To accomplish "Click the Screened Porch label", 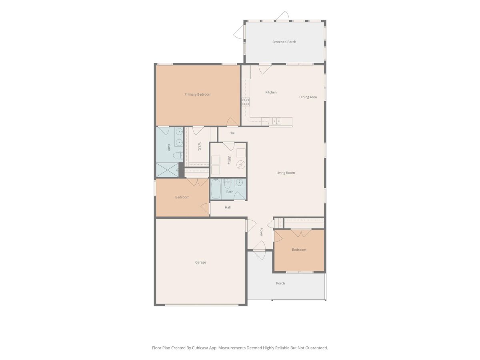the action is tap(284, 42).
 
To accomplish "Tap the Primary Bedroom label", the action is tap(198, 94).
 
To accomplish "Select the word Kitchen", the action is tap(271, 92).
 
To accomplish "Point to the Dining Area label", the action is tap(308, 97).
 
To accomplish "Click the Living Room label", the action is tap(285, 173).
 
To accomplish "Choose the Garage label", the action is tap(200, 262).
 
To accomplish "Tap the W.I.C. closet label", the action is tap(199, 146).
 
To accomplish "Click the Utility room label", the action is tap(229, 160).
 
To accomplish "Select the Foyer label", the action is tap(261, 232).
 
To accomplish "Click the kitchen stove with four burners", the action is tap(245, 102).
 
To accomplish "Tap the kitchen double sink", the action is tap(276, 121).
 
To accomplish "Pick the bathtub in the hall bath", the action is tap(216, 189).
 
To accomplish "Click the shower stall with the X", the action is tap(167, 170).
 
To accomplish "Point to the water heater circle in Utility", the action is tap(240, 164).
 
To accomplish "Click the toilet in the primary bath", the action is tap(178, 155).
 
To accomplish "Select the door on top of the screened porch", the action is tap(282, 16).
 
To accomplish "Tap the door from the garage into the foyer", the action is tap(251, 226).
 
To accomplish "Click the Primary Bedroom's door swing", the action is tap(232, 122).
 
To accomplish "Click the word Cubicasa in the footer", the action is tap(200, 348).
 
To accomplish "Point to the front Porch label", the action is tap(280, 283).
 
